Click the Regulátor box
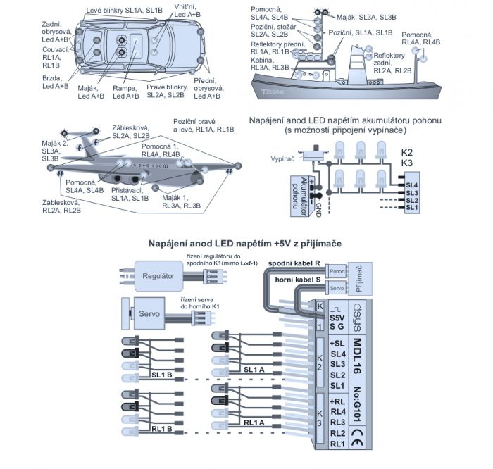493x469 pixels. (157, 275)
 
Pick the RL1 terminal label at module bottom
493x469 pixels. (337, 444)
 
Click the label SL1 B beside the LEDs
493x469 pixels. (162, 373)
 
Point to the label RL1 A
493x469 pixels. (254, 423)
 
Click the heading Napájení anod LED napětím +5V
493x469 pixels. (245, 243)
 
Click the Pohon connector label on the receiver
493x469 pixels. (337, 271)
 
